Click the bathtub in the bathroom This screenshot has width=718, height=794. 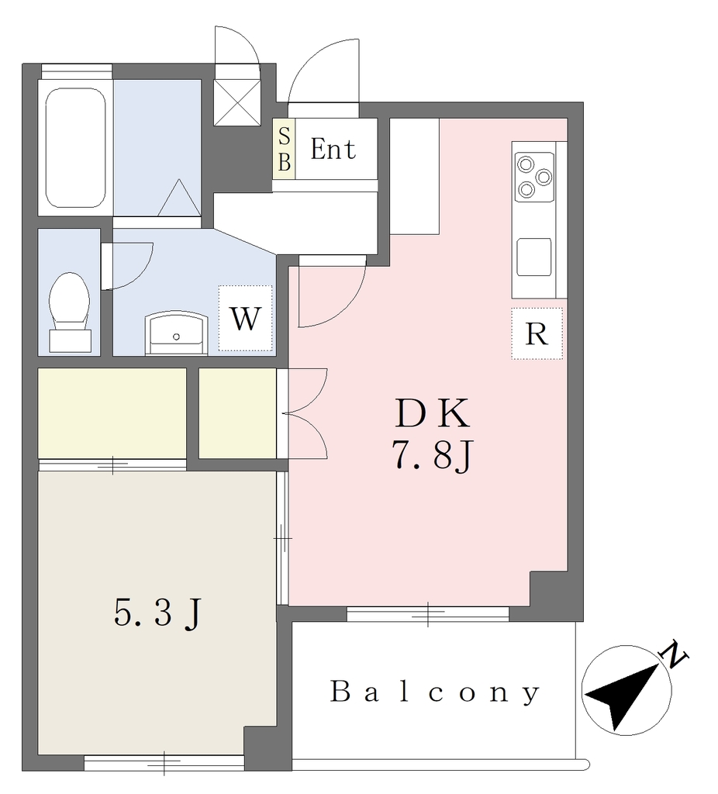75,148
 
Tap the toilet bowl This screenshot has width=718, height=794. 70,312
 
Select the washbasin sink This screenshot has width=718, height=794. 176,333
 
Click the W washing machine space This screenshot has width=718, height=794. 246,319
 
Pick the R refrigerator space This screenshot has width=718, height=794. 537,333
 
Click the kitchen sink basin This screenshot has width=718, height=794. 534,257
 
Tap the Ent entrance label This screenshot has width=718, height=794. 333,149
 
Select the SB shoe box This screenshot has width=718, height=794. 284,149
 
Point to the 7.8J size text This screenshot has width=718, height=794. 432,456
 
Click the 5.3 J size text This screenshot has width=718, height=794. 158,614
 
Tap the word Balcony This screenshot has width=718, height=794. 434,692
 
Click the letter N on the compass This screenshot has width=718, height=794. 675,656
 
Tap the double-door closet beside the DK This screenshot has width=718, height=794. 237,413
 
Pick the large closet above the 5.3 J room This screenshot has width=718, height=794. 112,413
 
